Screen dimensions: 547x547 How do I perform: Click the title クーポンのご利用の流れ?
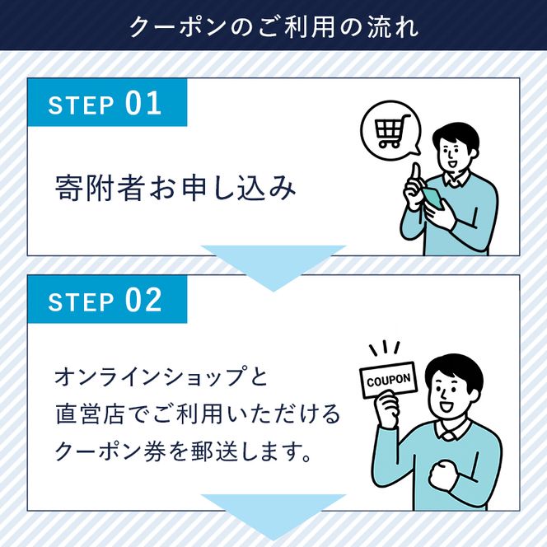click(x=273, y=25)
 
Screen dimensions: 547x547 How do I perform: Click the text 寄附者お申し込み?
click(x=174, y=188)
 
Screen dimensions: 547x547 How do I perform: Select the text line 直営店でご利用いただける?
click(x=197, y=414)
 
